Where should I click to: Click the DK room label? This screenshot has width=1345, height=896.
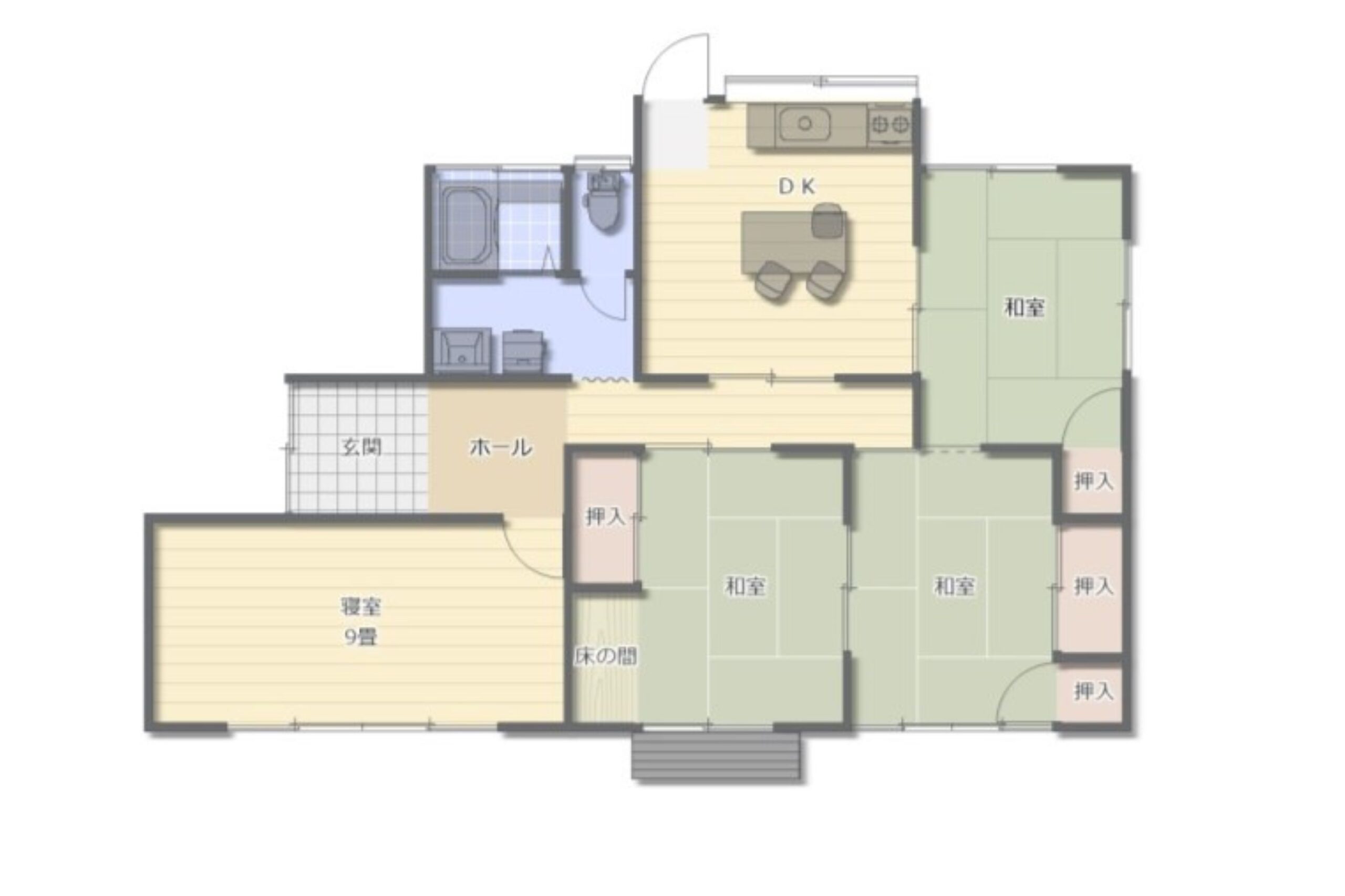(796, 186)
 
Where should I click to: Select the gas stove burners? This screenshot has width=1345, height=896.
(889, 124)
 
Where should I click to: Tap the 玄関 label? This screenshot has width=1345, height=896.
(362, 447)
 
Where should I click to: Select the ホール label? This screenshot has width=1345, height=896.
(501, 447)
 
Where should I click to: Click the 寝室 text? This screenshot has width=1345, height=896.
(361, 607)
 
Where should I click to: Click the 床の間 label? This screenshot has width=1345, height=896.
(606, 657)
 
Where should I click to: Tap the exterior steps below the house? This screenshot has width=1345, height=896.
(716, 755)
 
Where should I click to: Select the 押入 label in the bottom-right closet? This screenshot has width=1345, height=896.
(1093, 692)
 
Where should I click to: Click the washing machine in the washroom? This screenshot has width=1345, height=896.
(523, 350)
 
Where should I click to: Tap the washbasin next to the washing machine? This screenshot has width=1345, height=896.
(462, 350)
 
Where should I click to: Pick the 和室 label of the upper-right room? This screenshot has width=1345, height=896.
(1024, 308)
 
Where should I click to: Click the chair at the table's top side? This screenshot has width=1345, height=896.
(827, 219)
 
